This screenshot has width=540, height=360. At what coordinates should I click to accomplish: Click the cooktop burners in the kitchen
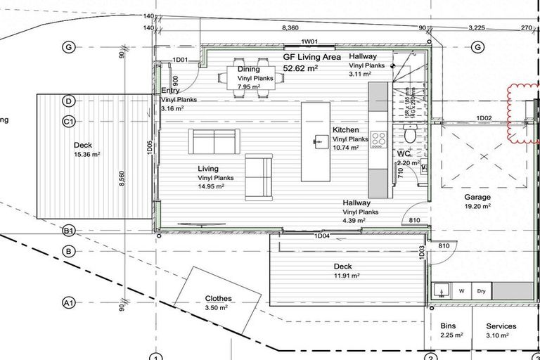click(x=378, y=139)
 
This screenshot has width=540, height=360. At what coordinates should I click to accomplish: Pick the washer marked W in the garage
click(x=462, y=290)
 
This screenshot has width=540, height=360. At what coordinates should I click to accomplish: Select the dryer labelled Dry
click(x=482, y=290)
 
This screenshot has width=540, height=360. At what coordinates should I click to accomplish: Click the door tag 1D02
click(x=484, y=117)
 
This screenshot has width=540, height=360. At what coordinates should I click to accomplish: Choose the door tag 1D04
click(x=321, y=236)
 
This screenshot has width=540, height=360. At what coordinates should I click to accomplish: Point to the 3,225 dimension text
click(x=477, y=27)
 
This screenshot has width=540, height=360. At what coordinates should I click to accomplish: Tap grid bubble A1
click(x=69, y=303)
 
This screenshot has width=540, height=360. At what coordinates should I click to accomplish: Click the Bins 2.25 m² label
click(x=448, y=330)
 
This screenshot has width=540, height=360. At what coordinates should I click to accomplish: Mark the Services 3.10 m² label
click(x=501, y=330)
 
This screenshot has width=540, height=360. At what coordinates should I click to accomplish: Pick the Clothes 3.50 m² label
click(x=217, y=303)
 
